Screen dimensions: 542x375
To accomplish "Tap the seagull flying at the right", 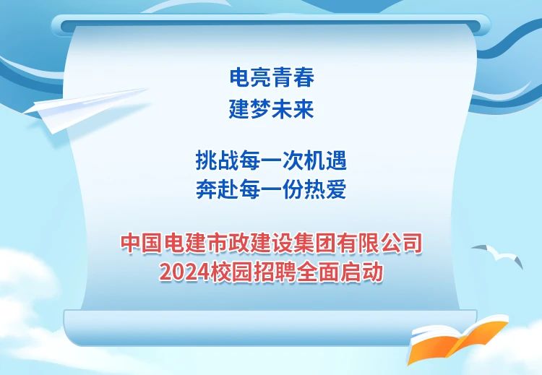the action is pos(499,256).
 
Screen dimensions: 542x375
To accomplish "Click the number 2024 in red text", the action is pos(184,272).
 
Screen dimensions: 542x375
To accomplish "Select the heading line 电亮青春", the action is pos(272,77).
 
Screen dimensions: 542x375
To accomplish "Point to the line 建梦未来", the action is pos(272,109).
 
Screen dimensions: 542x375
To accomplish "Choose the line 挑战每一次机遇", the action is pos(271,160).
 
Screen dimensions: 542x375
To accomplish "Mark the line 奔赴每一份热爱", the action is pos(271,189).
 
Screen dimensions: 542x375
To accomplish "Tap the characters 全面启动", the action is pos(340,272).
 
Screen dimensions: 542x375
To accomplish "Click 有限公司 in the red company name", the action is pos(379,243).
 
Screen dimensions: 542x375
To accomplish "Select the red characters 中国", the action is pos(142,243).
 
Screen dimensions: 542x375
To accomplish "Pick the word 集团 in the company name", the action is pos(315,243).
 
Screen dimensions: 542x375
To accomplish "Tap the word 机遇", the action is pos(325,160).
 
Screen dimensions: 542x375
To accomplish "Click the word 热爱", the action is pos(325,189).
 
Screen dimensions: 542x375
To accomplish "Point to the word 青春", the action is pos(293,77).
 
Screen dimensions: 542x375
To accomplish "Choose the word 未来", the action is pos(293,109).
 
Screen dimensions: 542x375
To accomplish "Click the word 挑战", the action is pos(217,160).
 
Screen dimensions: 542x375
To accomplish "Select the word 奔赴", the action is pos(217,189).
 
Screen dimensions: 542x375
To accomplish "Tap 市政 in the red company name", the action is pos(228,243).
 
